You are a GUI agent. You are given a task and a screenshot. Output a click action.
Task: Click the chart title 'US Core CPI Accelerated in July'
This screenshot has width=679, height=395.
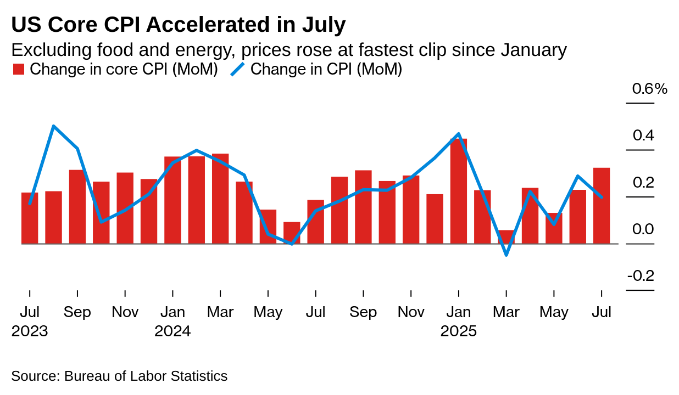tap(179, 25)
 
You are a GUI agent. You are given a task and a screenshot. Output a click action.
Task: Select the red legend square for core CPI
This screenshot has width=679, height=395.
tap(19, 69)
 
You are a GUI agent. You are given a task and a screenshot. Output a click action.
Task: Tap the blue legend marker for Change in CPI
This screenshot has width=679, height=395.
tap(237, 69)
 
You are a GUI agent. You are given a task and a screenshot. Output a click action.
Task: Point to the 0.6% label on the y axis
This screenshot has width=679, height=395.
tap(649, 88)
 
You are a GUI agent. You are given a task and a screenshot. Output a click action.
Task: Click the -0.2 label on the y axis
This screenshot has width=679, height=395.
tap(641, 275)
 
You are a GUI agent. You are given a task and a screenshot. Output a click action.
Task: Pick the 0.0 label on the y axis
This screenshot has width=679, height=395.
tap(643, 229)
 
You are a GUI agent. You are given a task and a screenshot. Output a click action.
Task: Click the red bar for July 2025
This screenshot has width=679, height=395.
tap(602, 206)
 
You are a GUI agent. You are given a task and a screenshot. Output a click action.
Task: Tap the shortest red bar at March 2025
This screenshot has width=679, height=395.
tap(506, 237)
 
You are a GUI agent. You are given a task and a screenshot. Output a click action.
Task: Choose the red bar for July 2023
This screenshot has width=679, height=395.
tap(30, 218)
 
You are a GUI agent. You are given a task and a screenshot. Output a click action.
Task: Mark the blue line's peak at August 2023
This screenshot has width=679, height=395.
tap(53, 126)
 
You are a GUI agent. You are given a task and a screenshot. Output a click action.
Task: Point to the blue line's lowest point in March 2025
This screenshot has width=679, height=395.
tap(506, 255)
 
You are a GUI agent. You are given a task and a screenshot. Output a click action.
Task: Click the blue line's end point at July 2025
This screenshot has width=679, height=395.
tap(602, 198)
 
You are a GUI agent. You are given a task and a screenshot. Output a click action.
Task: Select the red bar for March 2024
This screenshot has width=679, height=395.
tap(220, 199)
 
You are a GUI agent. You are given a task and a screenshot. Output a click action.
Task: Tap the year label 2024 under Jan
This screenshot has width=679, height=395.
tap(172, 331)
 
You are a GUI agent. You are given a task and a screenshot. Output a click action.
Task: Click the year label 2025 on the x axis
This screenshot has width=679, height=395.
tap(458, 331)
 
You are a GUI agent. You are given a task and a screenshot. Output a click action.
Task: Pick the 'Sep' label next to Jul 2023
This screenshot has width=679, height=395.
tap(77, 312)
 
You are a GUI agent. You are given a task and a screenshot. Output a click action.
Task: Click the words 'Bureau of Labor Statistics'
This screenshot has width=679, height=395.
tap(146, 376)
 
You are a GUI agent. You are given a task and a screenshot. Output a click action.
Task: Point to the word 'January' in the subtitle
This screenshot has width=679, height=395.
tap(533, 50)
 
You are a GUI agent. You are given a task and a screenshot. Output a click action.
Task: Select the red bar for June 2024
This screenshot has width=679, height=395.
tap(292, 233)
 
